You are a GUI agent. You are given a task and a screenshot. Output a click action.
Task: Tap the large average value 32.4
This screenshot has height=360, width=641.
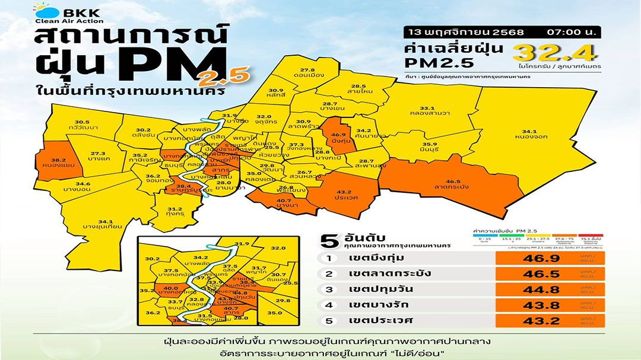[x=556, y=53]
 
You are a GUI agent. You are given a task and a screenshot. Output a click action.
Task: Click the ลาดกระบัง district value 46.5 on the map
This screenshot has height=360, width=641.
[x=453, y=182]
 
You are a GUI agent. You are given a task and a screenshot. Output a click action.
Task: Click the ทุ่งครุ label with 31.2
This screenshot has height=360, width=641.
[x=174, y=212]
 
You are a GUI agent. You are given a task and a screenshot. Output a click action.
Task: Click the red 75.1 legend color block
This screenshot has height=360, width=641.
[x=590, y=235]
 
